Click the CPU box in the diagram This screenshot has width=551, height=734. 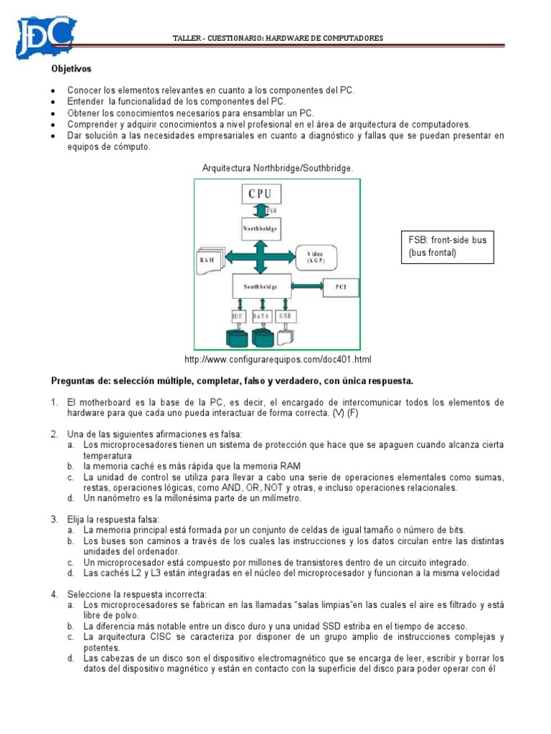260,194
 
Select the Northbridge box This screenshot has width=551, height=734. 260,229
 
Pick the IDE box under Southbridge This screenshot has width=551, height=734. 238,315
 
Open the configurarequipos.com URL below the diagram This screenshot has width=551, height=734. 278,359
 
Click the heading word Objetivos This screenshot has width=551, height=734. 71,70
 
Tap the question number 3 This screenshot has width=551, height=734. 54,518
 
